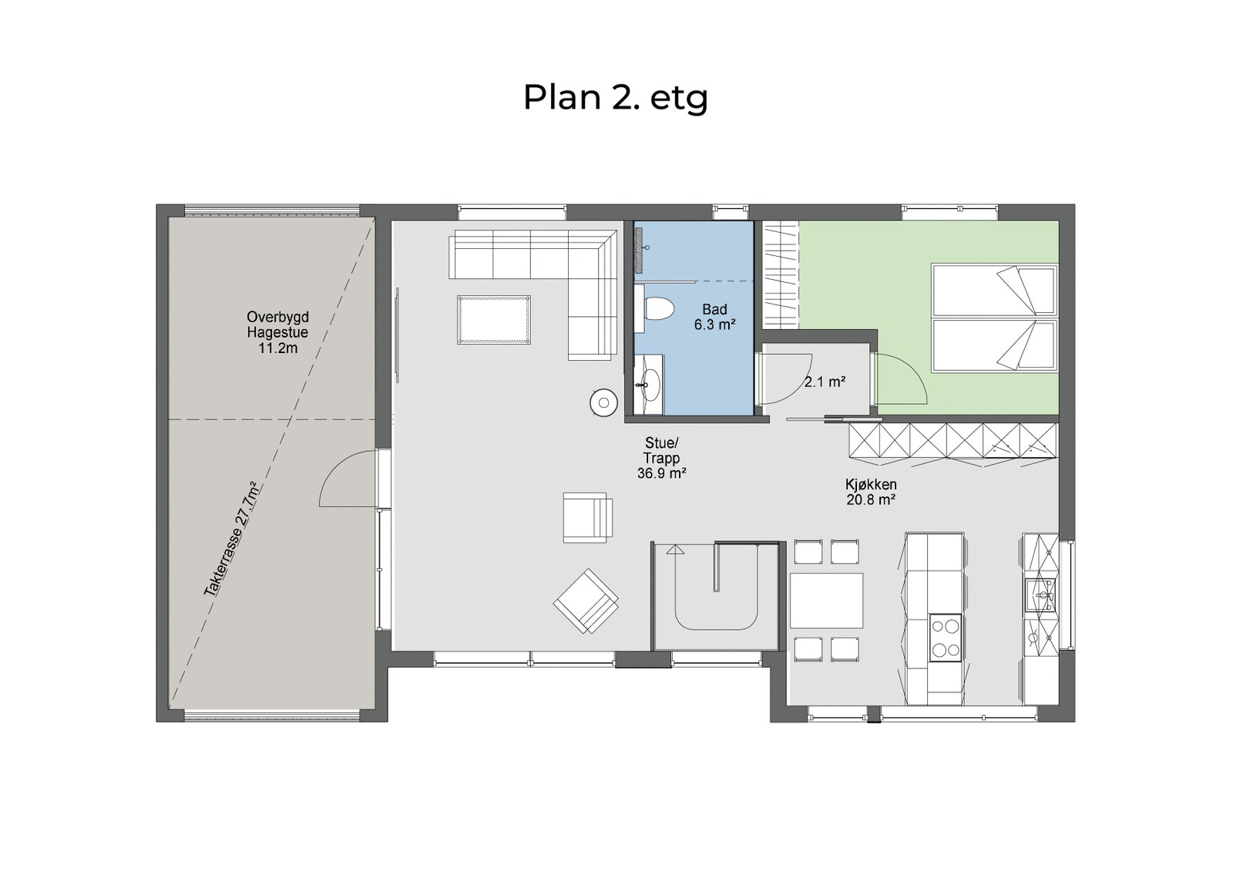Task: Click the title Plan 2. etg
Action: pyautogui.click(x=615, y=98)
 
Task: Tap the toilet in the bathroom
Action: pyautogui.click(x=657, y=309)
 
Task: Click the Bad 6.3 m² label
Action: pyautogui.click(x=714, y=318)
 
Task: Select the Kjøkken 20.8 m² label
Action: pyautogui.click(x=871, y=492)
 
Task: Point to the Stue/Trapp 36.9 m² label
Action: pyautogui.click(x=661, y=458)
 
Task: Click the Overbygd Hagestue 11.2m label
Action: pyautogui.click(x=277, y=332)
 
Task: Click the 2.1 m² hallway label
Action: pyautogui.click(x=825, y=382)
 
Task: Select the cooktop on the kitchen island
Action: pyautogui.click(x=946, y=638)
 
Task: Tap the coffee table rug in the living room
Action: pyautogui.click(x=493, y=319)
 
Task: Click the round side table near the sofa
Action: pyautogui.click(x=603, y=402)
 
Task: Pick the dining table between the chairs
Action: pyautogui.click(x=826, y=601)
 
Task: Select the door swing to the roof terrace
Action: pyautogui.click(x=347, y=482)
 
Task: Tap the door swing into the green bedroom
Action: pyautogui.click(x=902, y=380)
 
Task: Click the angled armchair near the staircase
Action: pyautogui.click(x=586, y=601)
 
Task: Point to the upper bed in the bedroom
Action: pyautogui.click(x=994, y=289)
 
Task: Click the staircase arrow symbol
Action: pyautogui.click(x=676, y=550)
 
